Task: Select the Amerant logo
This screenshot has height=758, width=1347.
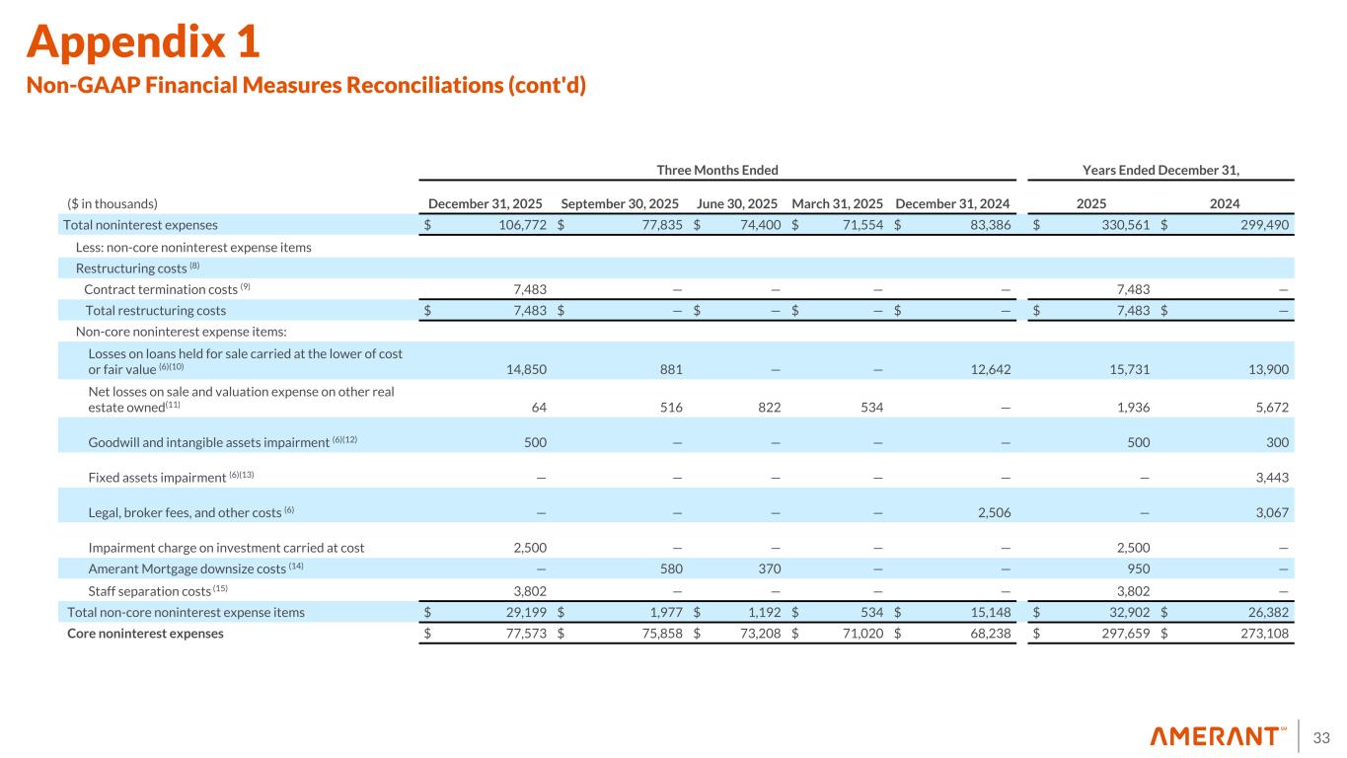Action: tap(1218, 736)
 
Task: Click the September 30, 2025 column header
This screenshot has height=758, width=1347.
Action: tap(619, 203)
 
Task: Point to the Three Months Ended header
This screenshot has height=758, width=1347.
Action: tap(717, 170)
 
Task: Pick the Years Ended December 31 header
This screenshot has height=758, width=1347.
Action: tap(1160, 170)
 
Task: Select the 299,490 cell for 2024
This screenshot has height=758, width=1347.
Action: tap(1263, 224)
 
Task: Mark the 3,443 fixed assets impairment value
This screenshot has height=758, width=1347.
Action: tap(1270, 478)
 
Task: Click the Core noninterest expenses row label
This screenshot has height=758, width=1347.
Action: tap(145, 634)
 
